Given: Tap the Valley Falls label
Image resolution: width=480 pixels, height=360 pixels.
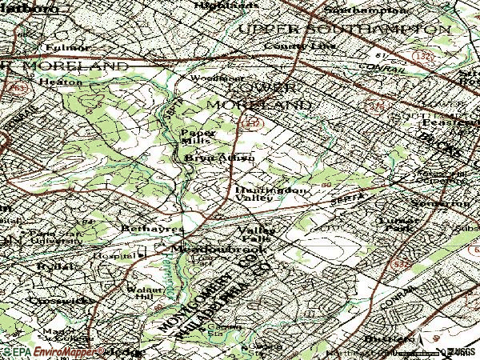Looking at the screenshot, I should [256, 234].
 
